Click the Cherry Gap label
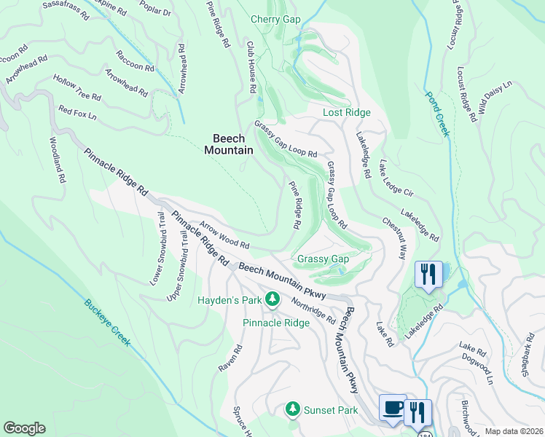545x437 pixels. [275, 19]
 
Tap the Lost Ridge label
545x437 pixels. [347, 112]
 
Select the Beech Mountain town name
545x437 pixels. [228, 143]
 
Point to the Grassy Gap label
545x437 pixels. [323, 259]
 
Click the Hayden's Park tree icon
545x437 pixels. [272, 299]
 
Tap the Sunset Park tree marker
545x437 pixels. [293, 409]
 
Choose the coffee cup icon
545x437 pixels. [393, 408]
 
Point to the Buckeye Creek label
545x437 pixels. [106, 323]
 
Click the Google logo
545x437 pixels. [24, 428]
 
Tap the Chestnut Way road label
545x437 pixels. [393, 237]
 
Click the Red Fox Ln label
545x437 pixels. [77, 112]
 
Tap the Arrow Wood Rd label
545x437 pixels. [225, 235]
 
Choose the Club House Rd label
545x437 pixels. [251, 66]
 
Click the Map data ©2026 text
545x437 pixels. [514, 431]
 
